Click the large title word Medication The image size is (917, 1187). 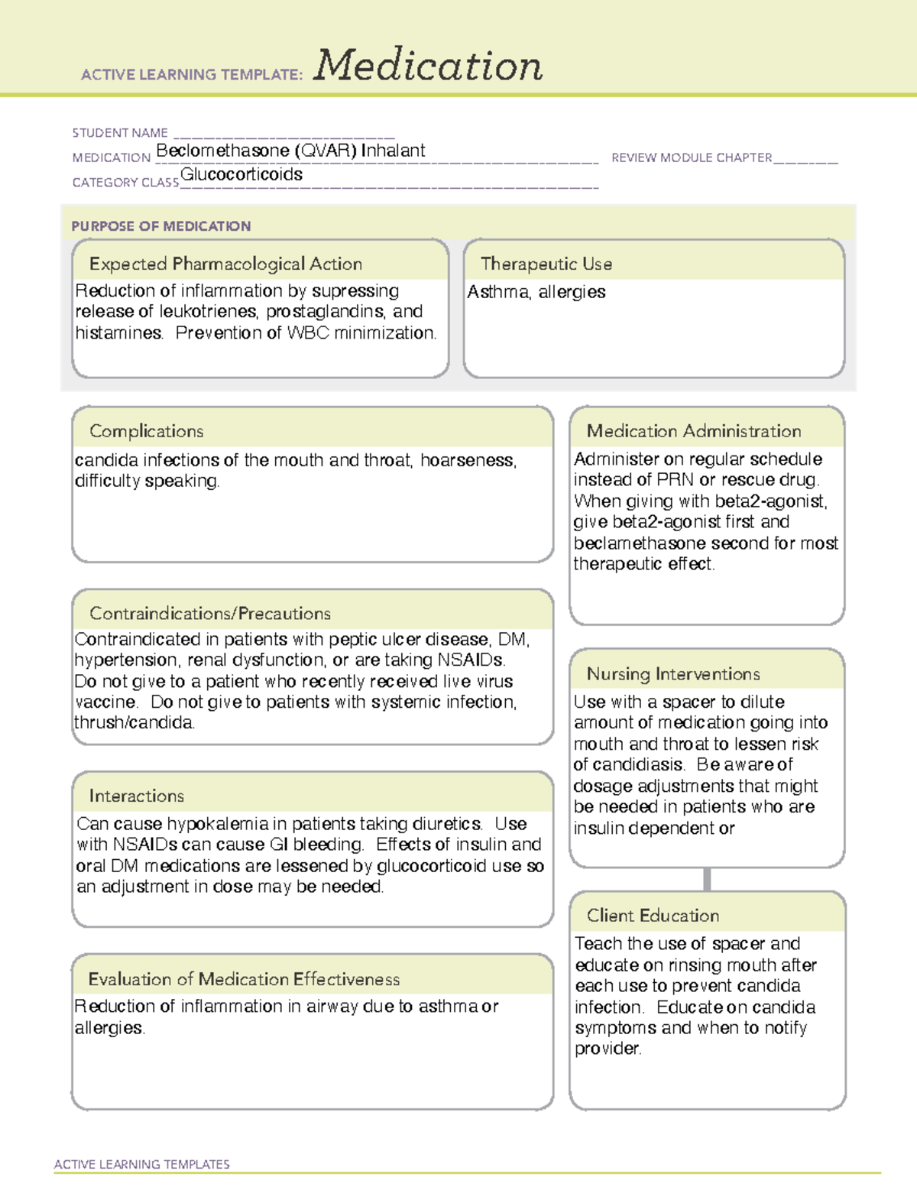(x=428, y=66)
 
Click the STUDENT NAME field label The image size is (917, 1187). (x=120, y=133)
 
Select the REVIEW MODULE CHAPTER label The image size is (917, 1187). (x=692, y=157)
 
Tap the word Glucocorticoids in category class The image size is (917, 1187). (x=241, y=175)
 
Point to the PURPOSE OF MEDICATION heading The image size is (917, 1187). (x=161, y=226)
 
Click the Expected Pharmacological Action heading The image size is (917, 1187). (x=225, y=264)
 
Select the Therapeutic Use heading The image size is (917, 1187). (x=546, y=264)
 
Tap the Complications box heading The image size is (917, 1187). (x=147, y=431)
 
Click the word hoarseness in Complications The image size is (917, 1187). (x=468, y=460)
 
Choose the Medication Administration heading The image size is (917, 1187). (x=694, y=431)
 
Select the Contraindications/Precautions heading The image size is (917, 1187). (x=210, y=613)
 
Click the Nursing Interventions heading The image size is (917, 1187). (x=673, y=673)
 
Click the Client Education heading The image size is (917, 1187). (x=653, y=916)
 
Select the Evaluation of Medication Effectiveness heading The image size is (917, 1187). (x=244, y=979)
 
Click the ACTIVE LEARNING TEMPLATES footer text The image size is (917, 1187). (x=142, y=1164)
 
